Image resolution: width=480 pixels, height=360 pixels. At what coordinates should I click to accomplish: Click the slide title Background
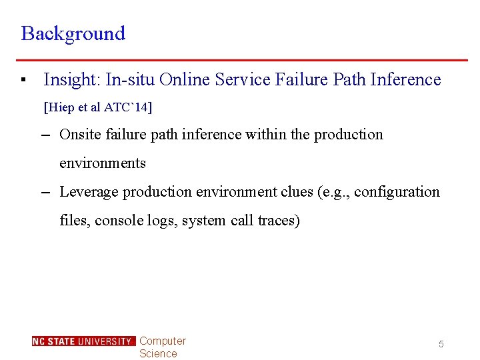[x=73, y=33]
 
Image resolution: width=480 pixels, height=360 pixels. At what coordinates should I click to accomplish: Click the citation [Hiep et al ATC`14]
[x=97, y=107]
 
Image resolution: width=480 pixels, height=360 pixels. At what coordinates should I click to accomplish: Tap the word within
[x=267, y=135]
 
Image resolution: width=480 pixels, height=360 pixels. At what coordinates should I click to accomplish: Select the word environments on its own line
[x=103, y=163]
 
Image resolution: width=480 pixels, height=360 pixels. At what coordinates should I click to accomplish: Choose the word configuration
[x=397, y=192]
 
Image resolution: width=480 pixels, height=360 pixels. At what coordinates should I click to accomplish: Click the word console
[x=118, y=221]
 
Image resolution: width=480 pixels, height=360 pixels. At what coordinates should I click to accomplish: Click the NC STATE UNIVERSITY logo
[x=83, y=341]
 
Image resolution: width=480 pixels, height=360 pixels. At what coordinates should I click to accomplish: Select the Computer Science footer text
[x=162, y=347]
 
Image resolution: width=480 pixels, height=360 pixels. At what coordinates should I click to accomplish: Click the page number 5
[x=441, y=344]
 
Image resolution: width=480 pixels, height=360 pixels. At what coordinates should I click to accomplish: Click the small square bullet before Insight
[x=23, y=81]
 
